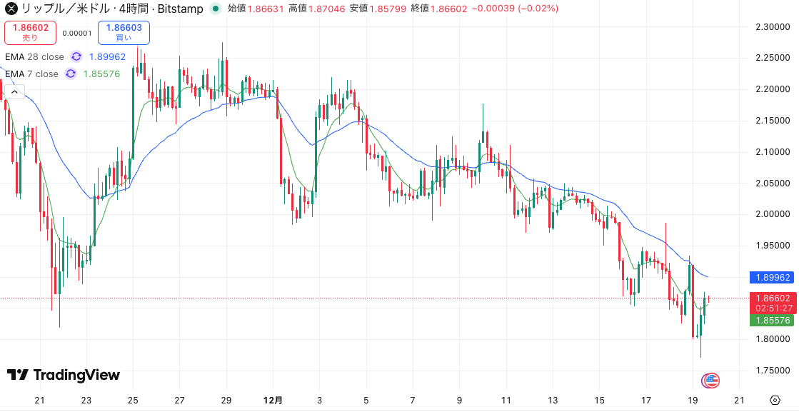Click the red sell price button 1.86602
pyautogui.click(x=30, y=32)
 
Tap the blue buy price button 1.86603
pyautogui.click(x=124, y=32)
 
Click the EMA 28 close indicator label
pyautogui.click(x=34, y=56)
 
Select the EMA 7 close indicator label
pyautogui.click(x=31, y=74)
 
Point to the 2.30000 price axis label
pyautogui.click(x=772, y=27)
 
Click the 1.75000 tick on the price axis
pyautogui.click(x=772, y=370)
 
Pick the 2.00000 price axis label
pyautogui.click(x=772, y=214)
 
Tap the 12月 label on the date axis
pyautogui.click(x=273, y=400)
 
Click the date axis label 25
pyautogui.click(x=133, y=400)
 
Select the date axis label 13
pyautogui.click(x=552, y=400)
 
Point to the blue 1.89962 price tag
pyautogui.click(x=772, y=277)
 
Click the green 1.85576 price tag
pyautogui.click(x=772, y=321)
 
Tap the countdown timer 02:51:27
pyautogui.click(x=772, y=308)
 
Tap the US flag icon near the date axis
pyautogui.click(x=710, y=381)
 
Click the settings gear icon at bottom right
pyautogui.click(x=775, y=400)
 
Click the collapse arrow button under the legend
pyautogui.click(x=15, y=91)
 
